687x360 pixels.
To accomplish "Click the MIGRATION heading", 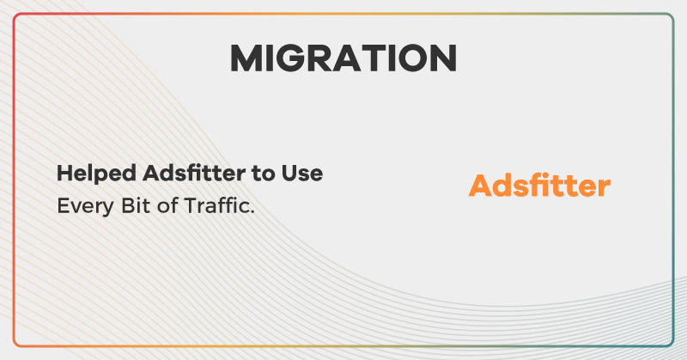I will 343,58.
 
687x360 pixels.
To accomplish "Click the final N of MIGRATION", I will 442,58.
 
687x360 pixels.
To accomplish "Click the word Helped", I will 86,174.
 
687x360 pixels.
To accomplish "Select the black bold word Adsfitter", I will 184,174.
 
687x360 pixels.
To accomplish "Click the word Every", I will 80,208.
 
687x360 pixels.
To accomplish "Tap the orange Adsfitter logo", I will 539,186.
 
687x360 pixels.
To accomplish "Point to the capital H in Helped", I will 64,174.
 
